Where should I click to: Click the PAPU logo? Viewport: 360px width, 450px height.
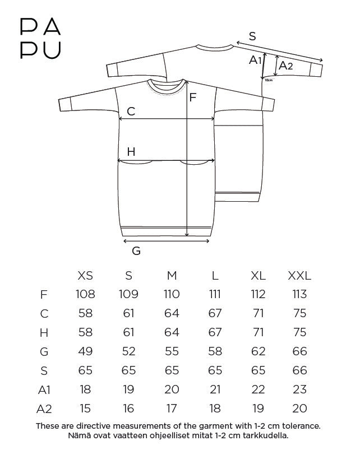40,39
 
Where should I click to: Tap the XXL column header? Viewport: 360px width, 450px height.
299,276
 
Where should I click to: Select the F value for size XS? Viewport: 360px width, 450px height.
85,294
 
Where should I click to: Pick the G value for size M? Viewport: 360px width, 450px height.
172,351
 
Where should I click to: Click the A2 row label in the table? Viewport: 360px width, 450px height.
44,409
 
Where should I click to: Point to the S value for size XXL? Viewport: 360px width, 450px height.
299,370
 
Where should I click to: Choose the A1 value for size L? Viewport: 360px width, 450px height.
215,389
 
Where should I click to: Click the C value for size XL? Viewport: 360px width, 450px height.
259,313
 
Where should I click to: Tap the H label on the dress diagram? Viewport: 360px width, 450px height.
131,151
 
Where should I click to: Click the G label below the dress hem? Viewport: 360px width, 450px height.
136,251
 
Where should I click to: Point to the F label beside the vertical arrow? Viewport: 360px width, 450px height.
193,98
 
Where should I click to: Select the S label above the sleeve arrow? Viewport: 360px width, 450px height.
252,36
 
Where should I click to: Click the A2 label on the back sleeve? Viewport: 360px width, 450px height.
285,66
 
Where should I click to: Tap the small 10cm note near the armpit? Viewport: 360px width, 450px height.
269,80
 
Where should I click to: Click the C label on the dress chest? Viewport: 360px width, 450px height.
131,112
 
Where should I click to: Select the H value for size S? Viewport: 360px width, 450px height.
128,332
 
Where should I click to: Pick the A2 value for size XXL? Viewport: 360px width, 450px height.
299,409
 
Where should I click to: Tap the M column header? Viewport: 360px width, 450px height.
172,276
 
